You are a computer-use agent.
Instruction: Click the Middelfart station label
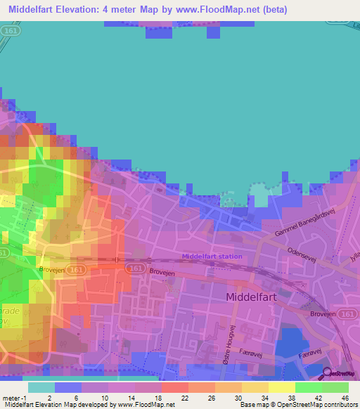click(212, 257)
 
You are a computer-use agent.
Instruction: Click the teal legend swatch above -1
click(41, 387)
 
